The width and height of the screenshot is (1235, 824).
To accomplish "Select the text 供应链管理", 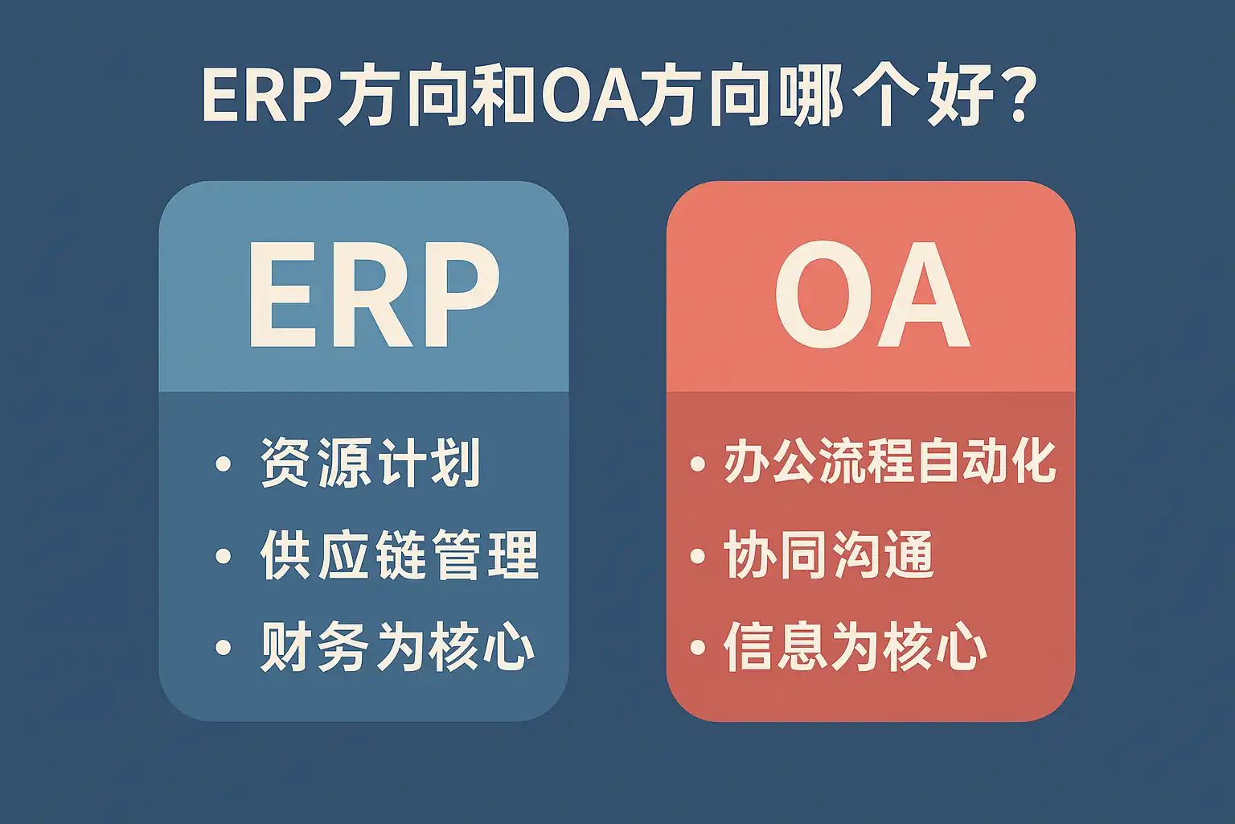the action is tap(399, 554).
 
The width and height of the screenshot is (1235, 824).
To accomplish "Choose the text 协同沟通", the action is tap(829, 554).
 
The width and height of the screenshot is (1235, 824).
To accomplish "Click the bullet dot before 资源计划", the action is tap(223, 463).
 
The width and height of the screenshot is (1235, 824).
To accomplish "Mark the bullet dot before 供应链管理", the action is tap(223, 556).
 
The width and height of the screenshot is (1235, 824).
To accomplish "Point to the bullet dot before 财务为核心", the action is tap(223, 647).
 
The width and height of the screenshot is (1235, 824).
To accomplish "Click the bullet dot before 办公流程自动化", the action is tap(697, 463).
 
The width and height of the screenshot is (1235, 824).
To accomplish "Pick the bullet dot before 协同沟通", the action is tap(697, 556).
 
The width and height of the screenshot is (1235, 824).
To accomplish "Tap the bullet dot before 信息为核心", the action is tap(697, 647).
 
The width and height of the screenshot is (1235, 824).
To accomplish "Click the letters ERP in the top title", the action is tap(266, 96).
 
